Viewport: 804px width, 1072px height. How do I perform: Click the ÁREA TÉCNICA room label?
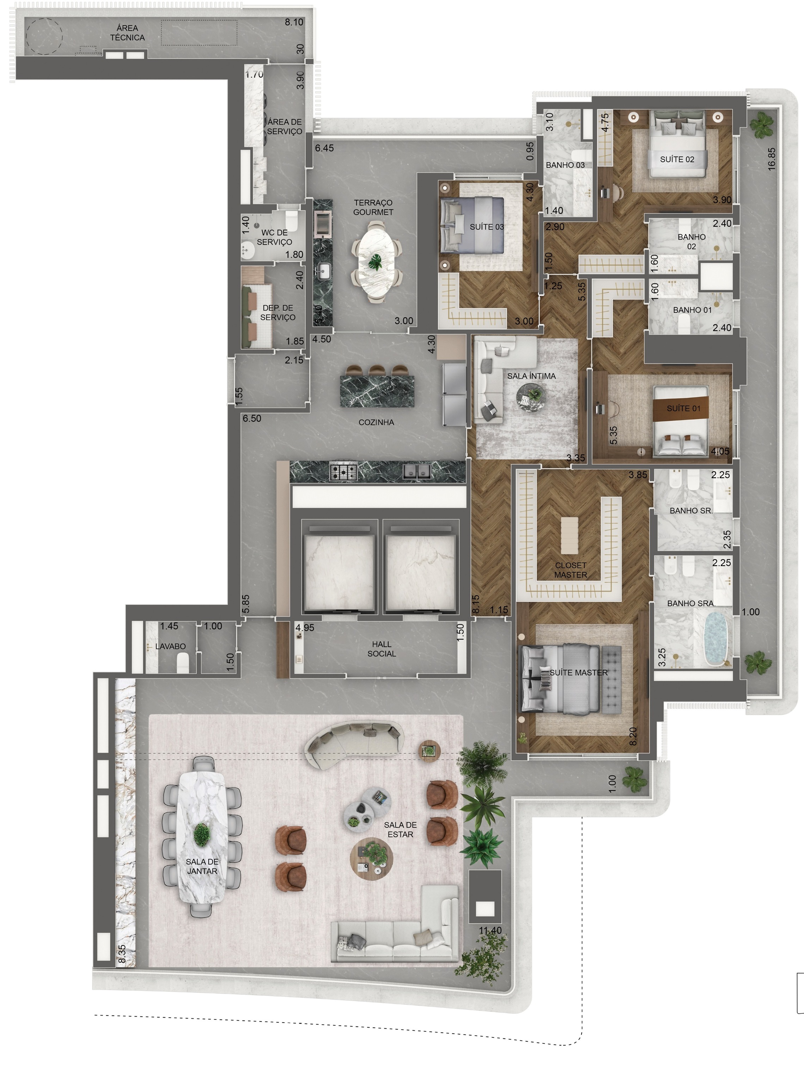(127, 32)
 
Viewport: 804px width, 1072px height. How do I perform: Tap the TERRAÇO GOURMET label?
(373, 207)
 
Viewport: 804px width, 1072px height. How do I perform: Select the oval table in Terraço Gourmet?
(376, 262)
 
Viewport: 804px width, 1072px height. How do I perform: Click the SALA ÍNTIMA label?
(531, 376)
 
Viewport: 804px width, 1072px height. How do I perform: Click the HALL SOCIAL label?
(382, 649)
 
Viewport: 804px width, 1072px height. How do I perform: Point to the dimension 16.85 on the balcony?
(772, 159)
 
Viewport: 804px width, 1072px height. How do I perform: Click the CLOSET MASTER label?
(571, 570)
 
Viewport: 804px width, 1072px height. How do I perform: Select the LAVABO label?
(170, 646)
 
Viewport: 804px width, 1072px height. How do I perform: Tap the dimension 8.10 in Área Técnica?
(294, 22)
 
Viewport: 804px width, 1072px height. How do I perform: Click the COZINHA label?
(376, 422)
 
